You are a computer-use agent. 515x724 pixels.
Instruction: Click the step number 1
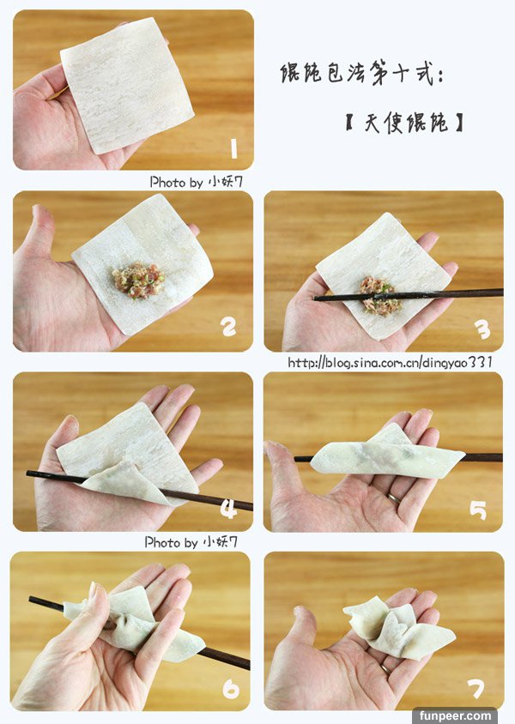233,148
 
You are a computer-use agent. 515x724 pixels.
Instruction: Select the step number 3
482,329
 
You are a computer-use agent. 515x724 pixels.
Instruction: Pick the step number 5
478,510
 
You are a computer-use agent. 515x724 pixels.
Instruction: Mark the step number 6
231,690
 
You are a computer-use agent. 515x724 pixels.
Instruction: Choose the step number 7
476,690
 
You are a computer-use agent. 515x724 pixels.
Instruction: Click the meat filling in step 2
138,281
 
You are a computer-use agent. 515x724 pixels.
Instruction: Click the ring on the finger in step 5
394,498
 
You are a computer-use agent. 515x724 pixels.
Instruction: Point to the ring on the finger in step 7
385,668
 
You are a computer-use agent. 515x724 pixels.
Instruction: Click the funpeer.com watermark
455,716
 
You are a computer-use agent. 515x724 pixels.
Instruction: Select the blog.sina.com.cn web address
391,362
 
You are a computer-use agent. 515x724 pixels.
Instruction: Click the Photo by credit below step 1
196,182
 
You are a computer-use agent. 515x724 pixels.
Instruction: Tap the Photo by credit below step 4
191,542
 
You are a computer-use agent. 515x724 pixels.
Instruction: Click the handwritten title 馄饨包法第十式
361,74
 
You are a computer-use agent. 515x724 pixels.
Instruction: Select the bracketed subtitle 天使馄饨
404,123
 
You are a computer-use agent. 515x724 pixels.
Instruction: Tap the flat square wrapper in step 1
127,86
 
